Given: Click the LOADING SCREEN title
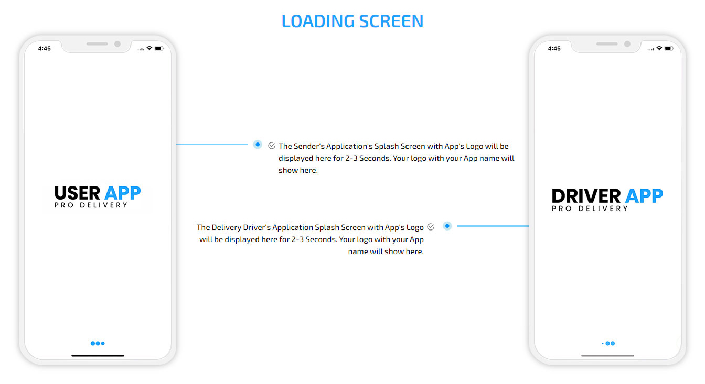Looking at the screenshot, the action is [352, 21].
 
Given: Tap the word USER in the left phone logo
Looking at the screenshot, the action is [77, 193].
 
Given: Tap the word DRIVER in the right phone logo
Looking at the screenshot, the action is [586, 196].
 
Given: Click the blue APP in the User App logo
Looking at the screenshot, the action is [123, 193].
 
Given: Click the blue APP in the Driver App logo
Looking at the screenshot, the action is [644, 196].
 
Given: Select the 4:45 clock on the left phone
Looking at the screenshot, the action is [45, 48].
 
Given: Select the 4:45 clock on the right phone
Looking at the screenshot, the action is [554, 48].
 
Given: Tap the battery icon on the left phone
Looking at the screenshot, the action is [159, 48].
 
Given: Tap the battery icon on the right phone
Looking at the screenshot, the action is [669, 48].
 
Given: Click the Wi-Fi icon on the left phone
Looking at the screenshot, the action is [149, 48].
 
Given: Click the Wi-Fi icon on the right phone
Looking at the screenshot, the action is [659, 48].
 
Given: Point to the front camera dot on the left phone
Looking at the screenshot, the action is [117, 44].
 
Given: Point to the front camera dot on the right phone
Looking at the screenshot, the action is [627, 44].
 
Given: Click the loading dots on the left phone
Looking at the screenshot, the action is [98, 344].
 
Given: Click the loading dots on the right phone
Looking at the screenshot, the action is [608, 344].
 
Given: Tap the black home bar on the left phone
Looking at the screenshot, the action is [98, 356].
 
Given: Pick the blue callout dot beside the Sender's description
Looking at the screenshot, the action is [258, 145].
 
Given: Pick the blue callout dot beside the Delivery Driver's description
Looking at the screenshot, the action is [447, 226].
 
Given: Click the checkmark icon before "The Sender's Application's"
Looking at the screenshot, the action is [272, 146].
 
